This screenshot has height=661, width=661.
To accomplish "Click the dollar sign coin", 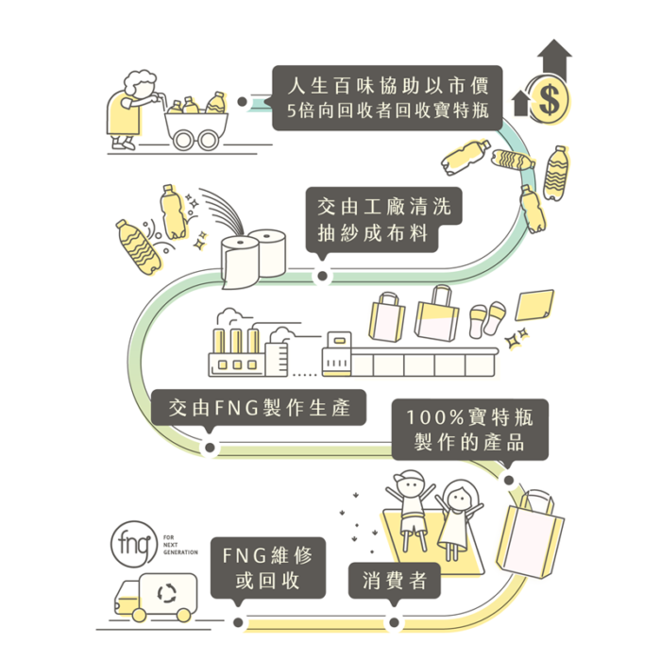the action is coord(550,100).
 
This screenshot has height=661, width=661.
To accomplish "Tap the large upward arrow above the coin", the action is coord(554,59).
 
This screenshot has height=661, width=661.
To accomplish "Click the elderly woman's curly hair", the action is coord(139,80).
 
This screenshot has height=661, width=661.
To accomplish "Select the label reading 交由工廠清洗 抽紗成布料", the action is coord(383,220).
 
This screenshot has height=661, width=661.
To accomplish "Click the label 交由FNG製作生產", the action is coord(259,408).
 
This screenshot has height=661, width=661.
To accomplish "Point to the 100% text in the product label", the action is coord(434,417).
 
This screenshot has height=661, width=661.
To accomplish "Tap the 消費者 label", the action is coord(394,581).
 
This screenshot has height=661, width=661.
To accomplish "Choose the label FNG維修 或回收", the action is coord(268,568).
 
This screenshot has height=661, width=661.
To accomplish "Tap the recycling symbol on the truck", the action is coord(167,593).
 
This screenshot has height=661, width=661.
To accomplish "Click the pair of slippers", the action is coord(487,319).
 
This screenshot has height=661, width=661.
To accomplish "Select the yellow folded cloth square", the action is coord(534,304).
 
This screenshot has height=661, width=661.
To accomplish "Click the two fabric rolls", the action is coord(253,259).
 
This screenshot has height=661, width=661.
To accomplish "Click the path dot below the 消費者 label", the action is coord(394,622).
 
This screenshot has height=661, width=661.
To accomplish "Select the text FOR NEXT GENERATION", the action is coord(180,545).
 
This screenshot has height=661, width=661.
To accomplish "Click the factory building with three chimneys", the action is coord(248,350).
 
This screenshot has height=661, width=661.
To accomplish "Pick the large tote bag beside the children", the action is coord(531,534).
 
